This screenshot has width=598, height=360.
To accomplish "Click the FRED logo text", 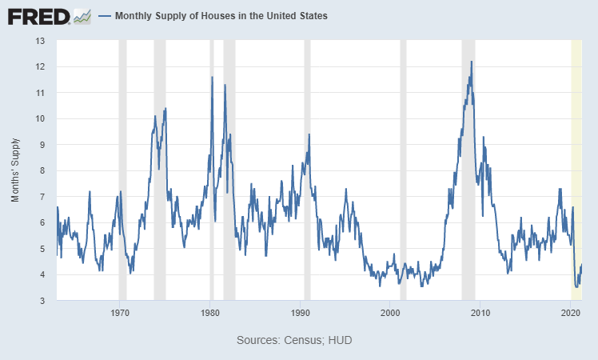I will tap(37, 16).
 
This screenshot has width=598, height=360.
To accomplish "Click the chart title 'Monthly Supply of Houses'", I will tap(221, 16).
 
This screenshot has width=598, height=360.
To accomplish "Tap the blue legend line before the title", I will tap(104, 16).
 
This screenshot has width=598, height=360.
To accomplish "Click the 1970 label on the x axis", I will tap(119, 312).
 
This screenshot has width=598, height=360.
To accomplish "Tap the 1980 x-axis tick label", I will tap(209, 312).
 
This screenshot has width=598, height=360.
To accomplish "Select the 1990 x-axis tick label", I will tap(300, 312).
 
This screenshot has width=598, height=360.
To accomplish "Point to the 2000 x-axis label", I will tap(390, 312).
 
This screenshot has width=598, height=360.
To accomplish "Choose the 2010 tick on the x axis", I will tap(480, 312).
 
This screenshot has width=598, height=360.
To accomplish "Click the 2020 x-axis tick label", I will tap(570, 312).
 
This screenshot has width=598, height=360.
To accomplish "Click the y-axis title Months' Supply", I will tap(15, 170).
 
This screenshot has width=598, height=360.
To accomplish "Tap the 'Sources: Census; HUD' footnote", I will tap(294, 340).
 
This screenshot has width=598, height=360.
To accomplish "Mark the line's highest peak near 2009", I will tap(472, 62).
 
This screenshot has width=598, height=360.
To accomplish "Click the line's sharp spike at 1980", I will tap(212, 78).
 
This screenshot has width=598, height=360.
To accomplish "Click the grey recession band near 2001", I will tap(403, 160).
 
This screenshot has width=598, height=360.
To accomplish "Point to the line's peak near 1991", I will tap(309, 134).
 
